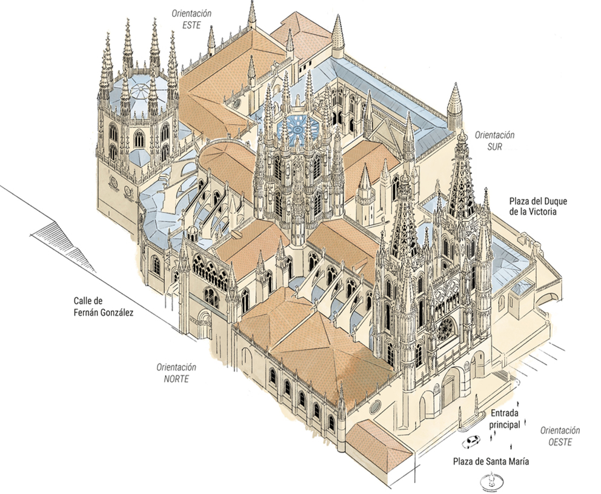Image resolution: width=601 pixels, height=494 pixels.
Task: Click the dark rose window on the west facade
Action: pos(445,328)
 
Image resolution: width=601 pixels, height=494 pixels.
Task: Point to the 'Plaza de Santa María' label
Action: pos(491,461)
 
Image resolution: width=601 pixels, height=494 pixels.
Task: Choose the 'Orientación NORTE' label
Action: pos(176,373)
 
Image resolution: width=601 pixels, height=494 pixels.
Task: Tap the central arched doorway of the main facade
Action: pos(450,389)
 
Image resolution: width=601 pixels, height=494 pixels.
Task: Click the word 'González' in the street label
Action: pos(113,313)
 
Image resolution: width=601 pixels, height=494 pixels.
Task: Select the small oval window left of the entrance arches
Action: pos(375,404)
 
